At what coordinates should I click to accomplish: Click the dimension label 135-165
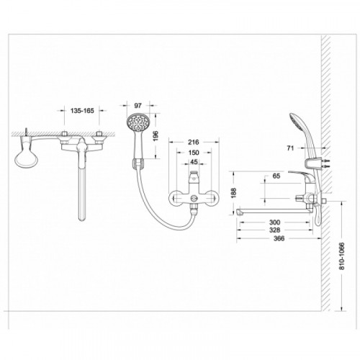(x=82, y=111)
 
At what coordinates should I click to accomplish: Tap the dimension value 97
(x=138, y=105)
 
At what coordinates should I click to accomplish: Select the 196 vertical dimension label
(x=156, y=136)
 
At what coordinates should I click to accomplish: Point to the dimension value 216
(x=194, y=142)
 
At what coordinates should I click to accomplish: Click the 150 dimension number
(x=194, y=153)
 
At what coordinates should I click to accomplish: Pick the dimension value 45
(x=194, y=162)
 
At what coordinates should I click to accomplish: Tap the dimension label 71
(x=290, y=148)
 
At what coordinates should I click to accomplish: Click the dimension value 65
(x=276, y=176)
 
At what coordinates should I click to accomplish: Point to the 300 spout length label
(x=274, y=222)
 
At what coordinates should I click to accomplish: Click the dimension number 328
(x=274, y=230)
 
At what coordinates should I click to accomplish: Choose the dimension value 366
(x=279, y=238)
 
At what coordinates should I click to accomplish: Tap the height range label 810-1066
(x=342, y=256)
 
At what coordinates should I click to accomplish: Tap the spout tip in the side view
(x=239, y=212)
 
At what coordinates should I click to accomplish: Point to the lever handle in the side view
(x=300, y=175)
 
